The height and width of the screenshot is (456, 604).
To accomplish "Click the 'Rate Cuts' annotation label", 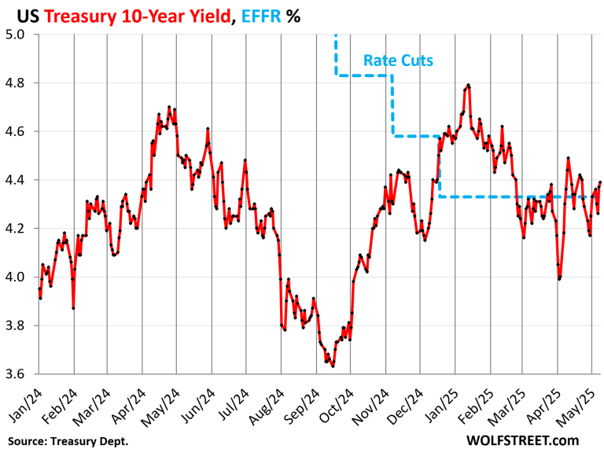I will (x=398, y=59).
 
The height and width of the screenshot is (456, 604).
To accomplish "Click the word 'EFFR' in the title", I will (x=256, y=15).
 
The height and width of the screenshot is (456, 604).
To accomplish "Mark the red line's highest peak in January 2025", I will (x=468, y=85).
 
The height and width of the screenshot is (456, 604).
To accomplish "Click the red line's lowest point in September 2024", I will (x=333, y=366).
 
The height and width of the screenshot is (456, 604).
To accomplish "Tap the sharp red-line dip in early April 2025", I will (x=559, y=278).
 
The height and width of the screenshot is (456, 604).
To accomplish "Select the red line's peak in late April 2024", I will (x=169, y=108).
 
